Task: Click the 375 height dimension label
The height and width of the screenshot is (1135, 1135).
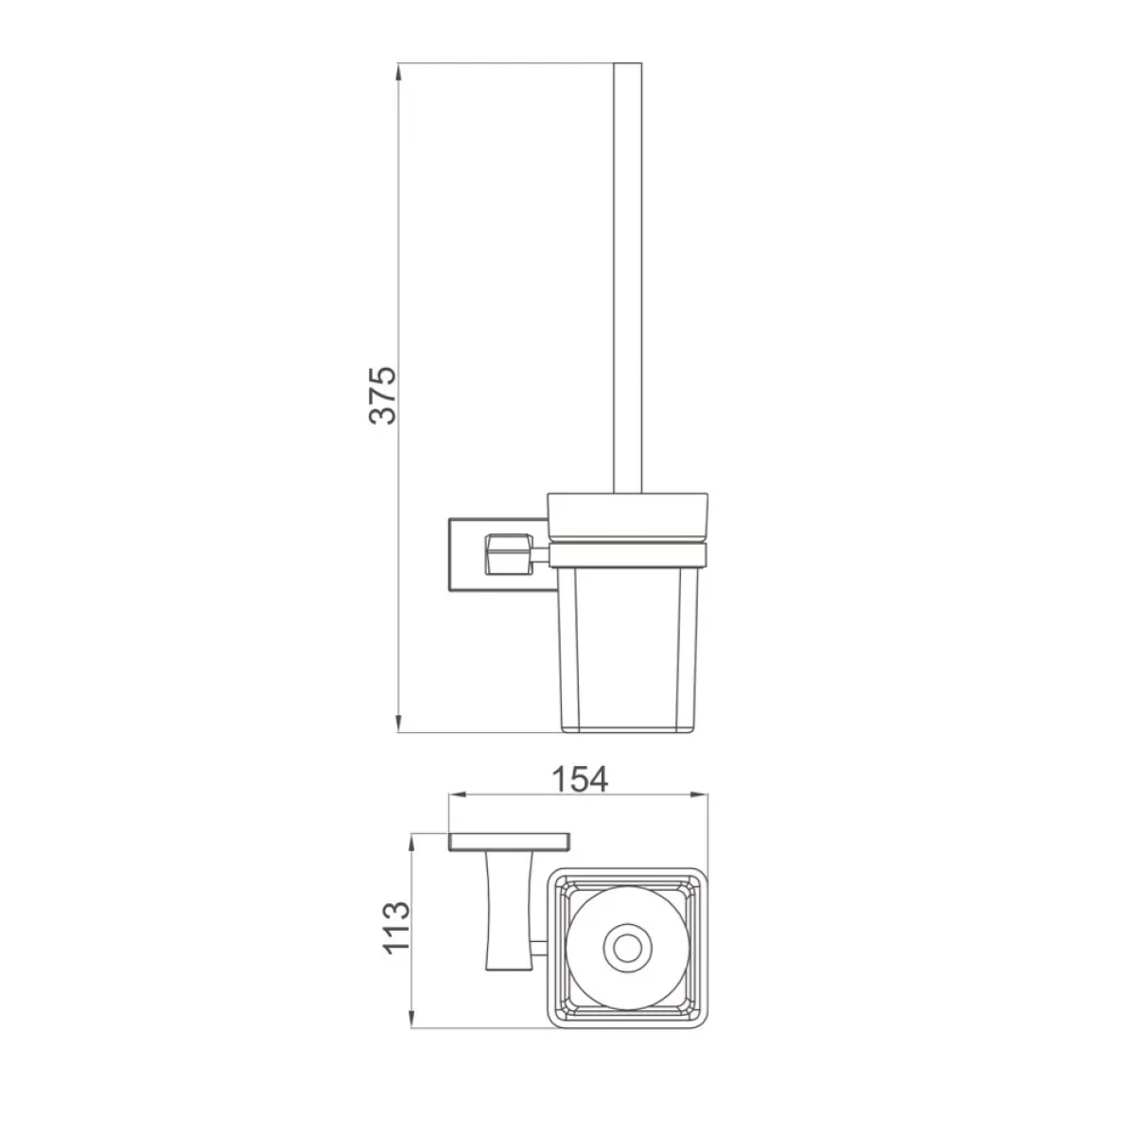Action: pos(383,395)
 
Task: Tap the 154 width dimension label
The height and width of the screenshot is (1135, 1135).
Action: pos(580,779)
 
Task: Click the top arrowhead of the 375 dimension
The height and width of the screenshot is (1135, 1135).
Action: pos(399,73)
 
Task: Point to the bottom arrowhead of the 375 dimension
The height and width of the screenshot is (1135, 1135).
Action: pos(399,723)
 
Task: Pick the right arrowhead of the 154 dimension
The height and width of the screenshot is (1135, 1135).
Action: pos(698,794)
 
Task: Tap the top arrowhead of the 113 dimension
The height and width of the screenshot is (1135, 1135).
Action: pos(411,844)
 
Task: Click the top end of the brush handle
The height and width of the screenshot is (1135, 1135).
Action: pos(628,63)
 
